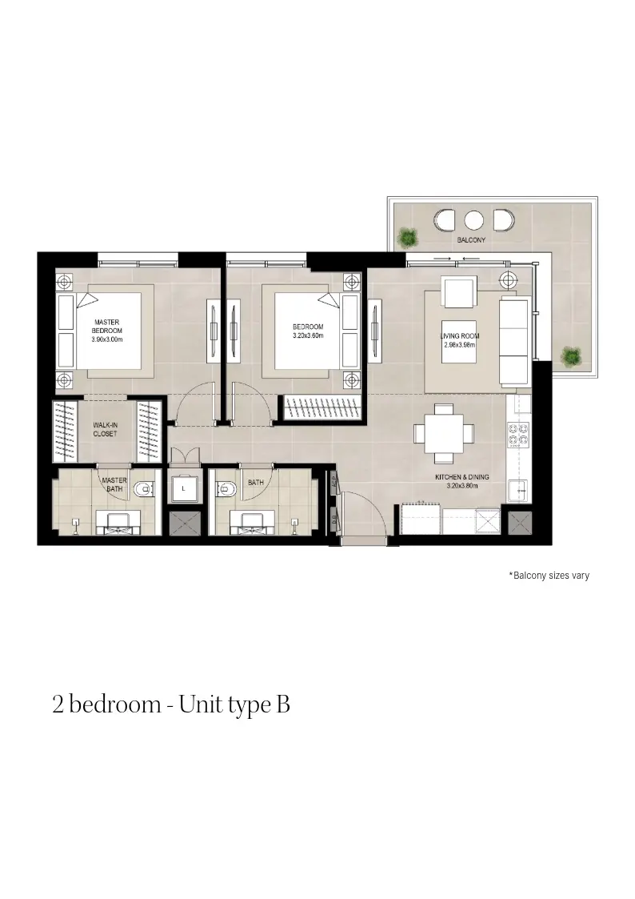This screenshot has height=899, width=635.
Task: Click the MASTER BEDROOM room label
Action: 107,327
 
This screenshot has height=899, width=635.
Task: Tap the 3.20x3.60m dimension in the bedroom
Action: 308,335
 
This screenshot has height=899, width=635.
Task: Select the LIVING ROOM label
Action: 460,336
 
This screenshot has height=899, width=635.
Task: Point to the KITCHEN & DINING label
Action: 462,477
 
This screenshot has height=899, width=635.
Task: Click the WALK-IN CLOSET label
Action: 106,429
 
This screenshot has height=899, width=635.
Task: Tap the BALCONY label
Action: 471,239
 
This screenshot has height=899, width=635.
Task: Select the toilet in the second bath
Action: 226,489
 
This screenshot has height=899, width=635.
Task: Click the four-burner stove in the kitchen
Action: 517,434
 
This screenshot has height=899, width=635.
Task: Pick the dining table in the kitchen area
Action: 445,433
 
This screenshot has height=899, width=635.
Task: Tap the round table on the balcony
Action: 473,220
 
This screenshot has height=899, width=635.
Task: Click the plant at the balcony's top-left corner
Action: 408,237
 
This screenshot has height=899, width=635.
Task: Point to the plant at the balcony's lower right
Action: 569,356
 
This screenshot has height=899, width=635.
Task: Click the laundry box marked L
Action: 183,488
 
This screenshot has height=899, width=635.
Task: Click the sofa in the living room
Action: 513,341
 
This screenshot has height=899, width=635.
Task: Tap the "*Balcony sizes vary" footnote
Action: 549,575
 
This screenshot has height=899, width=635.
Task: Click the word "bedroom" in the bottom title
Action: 115,704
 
